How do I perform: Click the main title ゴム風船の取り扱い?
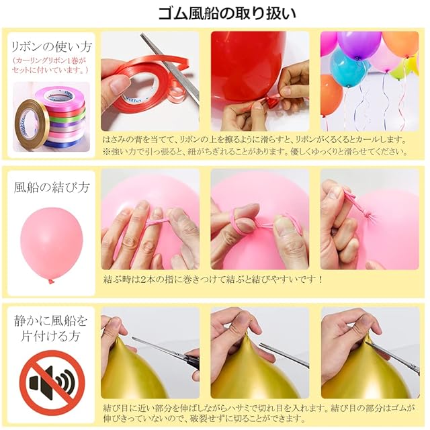(227, 13)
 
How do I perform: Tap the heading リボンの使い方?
(51, 47)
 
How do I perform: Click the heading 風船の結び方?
(52, 187)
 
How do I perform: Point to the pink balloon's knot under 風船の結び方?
(51, 282)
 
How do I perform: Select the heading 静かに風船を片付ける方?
(51, 329)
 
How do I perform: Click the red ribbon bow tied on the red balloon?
(270, 101)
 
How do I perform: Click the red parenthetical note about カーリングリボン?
(50, 65)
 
